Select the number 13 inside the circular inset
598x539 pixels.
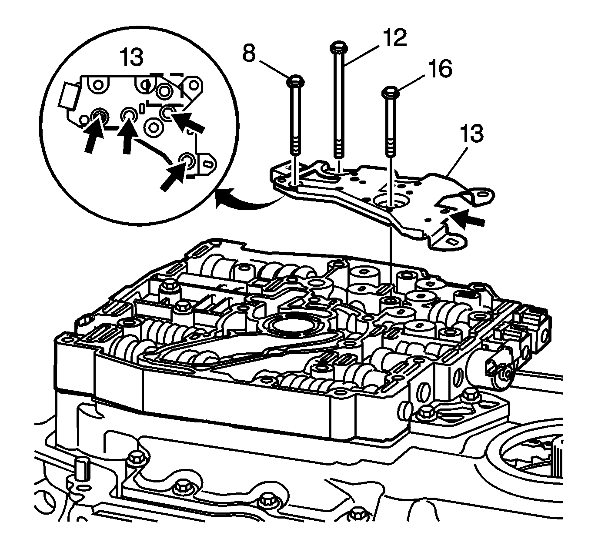pos(131,58)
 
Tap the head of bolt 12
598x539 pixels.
pos(338,46)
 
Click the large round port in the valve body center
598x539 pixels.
pos(288,326)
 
